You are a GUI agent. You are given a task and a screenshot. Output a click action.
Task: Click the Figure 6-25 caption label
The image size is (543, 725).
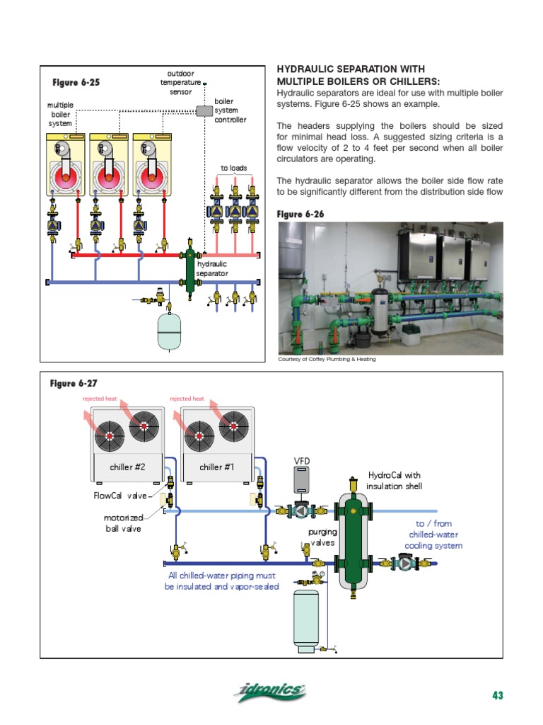[x=75, y=82]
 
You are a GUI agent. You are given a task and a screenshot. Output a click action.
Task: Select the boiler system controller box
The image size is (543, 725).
[x=204, y=111]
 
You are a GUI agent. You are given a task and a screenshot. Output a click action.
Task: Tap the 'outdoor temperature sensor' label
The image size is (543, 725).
[x=180, y=82]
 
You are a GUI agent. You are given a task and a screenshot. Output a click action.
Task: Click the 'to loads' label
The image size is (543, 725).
[x=234, y=169]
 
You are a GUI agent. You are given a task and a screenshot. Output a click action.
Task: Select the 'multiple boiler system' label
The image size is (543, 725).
[x=60, y=114]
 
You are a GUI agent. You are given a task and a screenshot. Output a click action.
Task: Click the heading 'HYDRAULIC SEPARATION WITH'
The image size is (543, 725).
[x=350, y=69]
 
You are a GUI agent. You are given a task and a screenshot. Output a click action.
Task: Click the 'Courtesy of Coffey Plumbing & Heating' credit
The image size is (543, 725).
[x=327, y=359]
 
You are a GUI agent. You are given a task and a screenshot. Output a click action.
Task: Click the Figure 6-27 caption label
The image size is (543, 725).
[x=73, y=383]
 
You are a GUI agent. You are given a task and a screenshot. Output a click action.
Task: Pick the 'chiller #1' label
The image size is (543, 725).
[x=215, y=467]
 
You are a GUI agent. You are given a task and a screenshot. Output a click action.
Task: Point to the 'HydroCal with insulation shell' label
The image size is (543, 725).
[x=395, y=480]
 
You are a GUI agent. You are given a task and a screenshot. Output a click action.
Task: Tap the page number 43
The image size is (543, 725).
[x=497, y=695]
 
